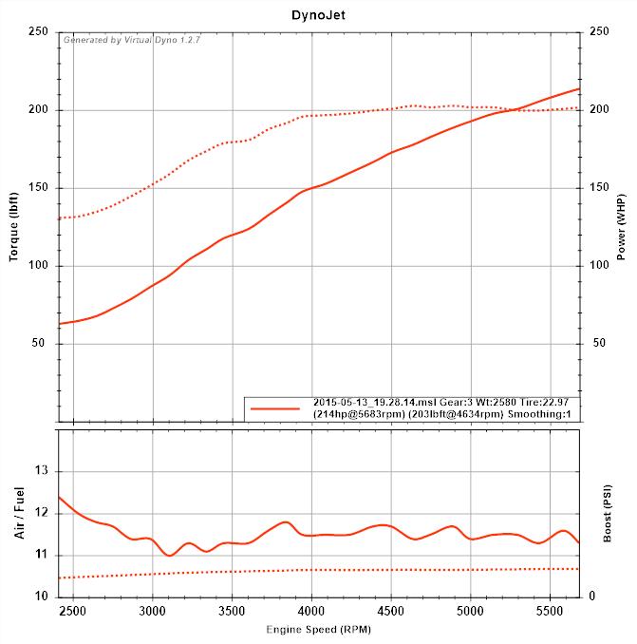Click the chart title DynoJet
318,15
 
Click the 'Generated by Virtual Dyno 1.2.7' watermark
131,40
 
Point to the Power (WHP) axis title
621,225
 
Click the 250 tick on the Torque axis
39,32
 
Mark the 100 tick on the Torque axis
39,266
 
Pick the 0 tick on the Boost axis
592,597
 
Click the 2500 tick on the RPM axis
74,611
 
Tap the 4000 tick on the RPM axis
312,611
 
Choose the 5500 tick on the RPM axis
550,611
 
